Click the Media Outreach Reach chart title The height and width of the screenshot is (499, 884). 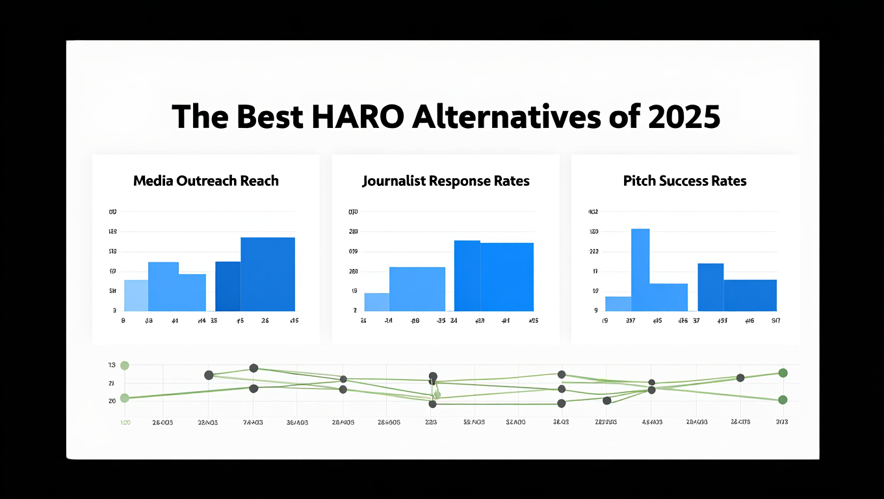(205, 181)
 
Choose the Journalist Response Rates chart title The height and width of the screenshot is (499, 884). (446, 181)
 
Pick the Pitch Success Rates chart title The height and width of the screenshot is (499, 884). (684, 181)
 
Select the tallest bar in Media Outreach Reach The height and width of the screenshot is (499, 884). (268, 274)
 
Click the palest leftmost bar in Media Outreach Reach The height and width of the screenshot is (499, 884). (136, 296)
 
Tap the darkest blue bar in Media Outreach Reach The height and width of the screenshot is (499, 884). (227, 287)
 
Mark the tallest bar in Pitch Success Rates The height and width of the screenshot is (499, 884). (640, 270)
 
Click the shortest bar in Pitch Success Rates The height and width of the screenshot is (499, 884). (618, 304)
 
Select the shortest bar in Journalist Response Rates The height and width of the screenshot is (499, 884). (376, 302)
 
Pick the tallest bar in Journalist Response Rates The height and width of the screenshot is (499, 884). (467, 276)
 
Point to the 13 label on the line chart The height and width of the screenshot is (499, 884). (112, 365)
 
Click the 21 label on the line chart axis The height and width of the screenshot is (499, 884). (112, 383)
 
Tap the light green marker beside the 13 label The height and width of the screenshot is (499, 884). (125, 366)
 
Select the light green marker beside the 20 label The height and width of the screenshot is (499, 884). (125, 398)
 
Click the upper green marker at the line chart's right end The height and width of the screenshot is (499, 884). (783, 373)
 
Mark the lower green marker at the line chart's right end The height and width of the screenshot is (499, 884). (783, 400)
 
